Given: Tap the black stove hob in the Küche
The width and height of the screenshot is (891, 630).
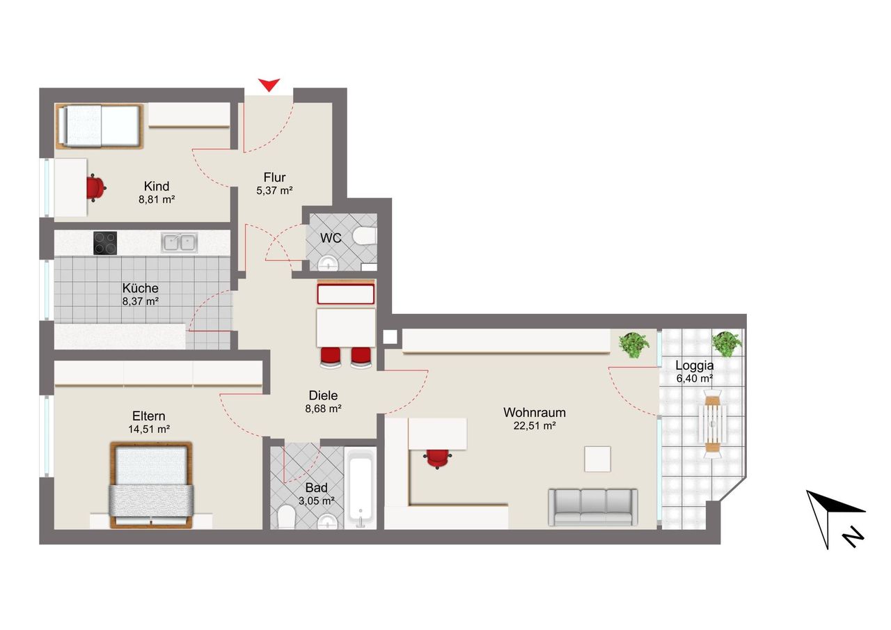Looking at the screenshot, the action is (x=105, y=243).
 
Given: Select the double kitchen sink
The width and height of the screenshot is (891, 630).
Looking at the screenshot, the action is (x=180, y=243).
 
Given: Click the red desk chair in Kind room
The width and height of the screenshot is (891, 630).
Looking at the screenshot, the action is (x=96, y=188).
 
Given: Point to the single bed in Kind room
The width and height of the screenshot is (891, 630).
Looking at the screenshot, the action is (x=99, y=126).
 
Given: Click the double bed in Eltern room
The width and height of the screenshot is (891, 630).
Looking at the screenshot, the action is (x=151, y=485).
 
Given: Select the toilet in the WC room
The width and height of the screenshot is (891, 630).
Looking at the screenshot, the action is (x=364, y=236).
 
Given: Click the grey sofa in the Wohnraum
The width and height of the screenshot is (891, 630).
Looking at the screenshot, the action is (x=593, y=507).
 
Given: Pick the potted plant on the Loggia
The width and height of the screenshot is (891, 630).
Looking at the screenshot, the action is (x=726, y=344).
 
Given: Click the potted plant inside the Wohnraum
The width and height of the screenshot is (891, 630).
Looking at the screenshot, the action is (x=633, y=345).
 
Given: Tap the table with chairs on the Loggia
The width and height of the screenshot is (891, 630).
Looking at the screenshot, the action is (x=712, y=424).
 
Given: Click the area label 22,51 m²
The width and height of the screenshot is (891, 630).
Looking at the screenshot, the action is (x=534, y=426).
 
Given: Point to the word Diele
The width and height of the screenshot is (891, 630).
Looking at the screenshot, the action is (x=323, y=395).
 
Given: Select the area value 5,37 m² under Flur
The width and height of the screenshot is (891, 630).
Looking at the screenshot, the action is (x=274, y=191).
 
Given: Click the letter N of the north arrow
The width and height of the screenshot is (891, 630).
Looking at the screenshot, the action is (x=853, y=537).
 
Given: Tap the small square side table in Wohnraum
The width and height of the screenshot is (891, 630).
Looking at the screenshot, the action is (x=597, y=459).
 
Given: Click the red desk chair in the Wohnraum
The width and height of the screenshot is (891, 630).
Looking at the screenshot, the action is (x=437, y=458).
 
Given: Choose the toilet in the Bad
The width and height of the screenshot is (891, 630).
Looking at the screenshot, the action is (x=286, y=517).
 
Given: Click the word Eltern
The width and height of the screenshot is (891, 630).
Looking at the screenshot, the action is (x=149, y=416).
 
